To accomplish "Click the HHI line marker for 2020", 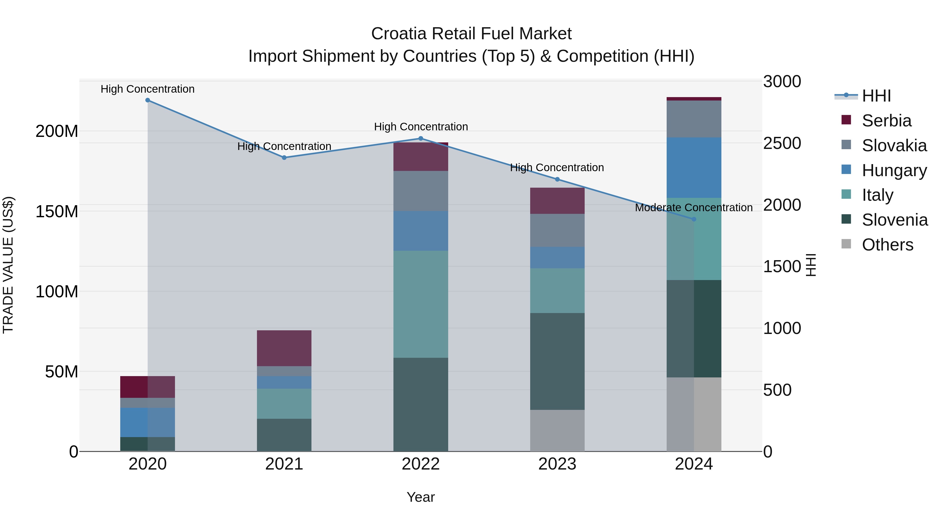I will coord(147,100).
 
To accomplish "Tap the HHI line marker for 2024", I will coord(694,219).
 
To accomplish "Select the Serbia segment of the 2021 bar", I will coord(284,348).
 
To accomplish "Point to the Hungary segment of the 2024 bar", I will coord(694,168).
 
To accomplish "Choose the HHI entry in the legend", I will coord(876,96).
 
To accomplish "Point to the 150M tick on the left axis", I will coord(57,211).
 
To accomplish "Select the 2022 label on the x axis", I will coord(421,464).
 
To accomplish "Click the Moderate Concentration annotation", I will coord(694,207).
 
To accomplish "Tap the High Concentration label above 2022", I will coord(421,127).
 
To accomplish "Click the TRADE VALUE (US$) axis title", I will coord(8,265).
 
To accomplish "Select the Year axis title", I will coord(421,497).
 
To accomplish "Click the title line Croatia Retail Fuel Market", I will coord(471,34).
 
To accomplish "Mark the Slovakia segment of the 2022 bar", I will coord(421,191).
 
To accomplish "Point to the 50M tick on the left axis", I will coord(62,372).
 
